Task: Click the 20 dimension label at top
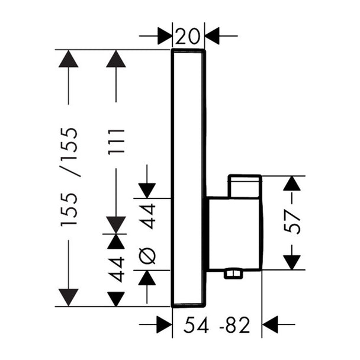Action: pyautogui.click(x=187, y=36)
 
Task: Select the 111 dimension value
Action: pyautogui.click(x=117, y=142)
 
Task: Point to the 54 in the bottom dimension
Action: pyautogui.click(x=196, y=324)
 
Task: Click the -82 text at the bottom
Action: pyautogui.click(x=234, y=324)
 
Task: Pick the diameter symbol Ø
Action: pyautogui.click(x=147, y=256)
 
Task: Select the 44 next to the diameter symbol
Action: pyautogui.click(x=147, y=216)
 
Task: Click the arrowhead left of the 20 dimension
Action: pyautogui.click(x=165, y=36)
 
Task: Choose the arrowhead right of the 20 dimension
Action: pyautogui.click(x=212, y=36)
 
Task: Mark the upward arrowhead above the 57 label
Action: pyautogui.click(x=292, y=183)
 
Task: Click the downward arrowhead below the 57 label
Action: pyautogui.click(x=292, y=262)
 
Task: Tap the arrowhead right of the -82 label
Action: pyautogui.click(x=270, y=324)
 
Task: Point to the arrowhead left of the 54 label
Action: pyautogui.click(x=165, y=324)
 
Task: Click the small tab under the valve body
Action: pyautogui.click(x=233, y=274)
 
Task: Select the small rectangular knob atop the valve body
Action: pyautogui.click(x=245, y=186)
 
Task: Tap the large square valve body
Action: pyautogui.click(x=234, y=234)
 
